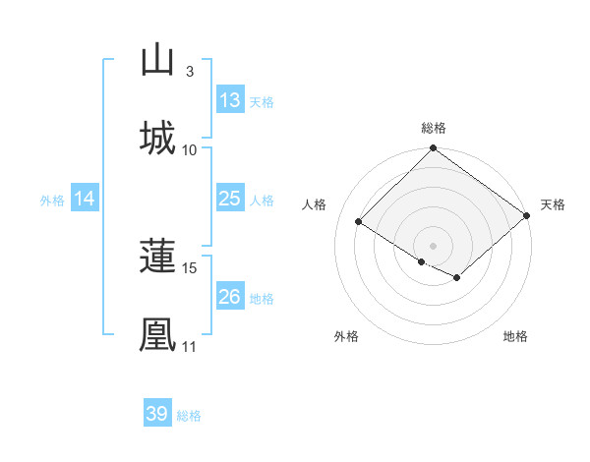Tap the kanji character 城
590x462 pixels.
coord(157,138)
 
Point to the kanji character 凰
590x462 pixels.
coord(157,334)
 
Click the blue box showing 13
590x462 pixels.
coord(229,100)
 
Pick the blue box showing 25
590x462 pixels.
coord(229,199)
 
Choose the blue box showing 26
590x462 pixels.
coord(229,297)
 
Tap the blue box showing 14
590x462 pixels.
coord(84,199)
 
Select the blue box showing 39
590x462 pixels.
coord(156,414)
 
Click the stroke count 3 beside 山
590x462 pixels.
coord(189,71)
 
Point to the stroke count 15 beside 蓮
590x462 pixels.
coord(190,267)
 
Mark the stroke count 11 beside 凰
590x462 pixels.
coord(190,346)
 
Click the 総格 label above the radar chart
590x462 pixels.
coord(434,128)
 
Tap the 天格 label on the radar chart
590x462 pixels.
coord(553,204)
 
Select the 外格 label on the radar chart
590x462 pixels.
coord(346,336)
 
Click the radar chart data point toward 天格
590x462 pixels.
coord(528,215)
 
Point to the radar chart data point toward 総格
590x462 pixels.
coord(434,149)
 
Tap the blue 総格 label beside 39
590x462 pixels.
coord(189,416)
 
